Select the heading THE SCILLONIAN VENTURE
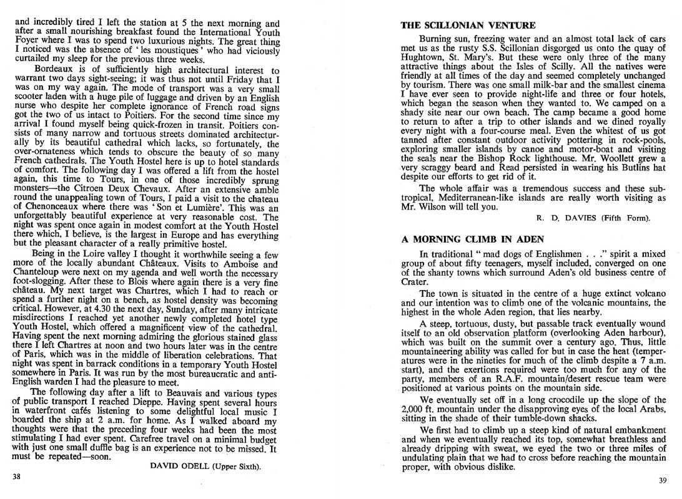(x=468, y=26)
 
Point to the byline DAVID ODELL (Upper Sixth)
(x=205, y=465)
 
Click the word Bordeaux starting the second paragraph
(x=55, y=71)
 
